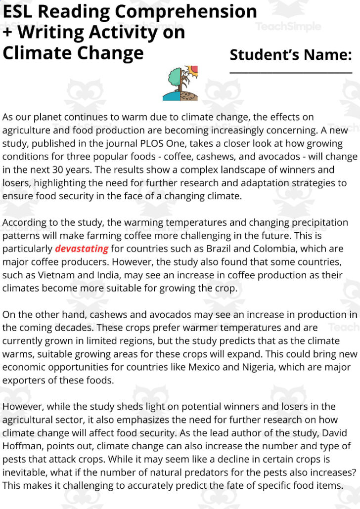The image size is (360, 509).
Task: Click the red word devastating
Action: pos(81,249)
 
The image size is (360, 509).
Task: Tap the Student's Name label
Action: pos(290,55)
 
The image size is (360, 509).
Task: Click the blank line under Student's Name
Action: pos(290,73)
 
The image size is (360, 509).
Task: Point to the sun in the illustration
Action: pos(192,70)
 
